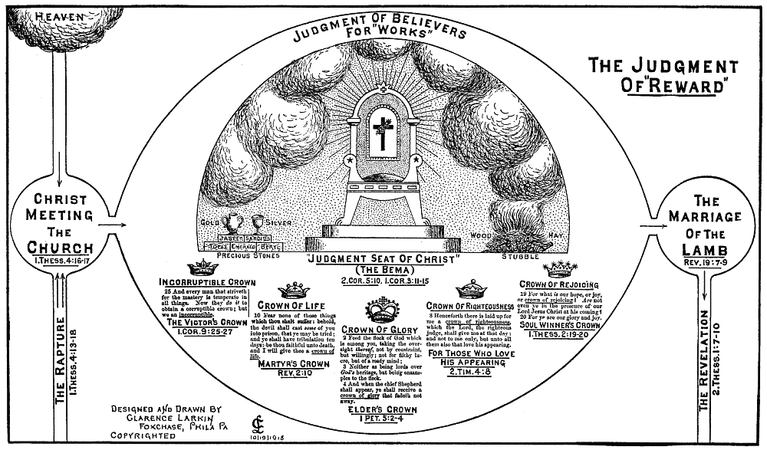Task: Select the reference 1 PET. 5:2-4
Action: pos(381,420)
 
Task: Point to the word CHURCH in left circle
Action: pos(59,247)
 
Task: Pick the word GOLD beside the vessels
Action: pos(209,222)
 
